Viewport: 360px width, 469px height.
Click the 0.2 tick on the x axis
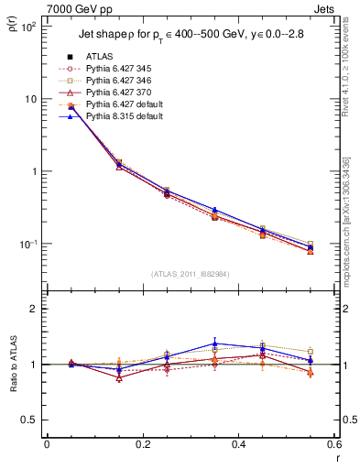point(142,445)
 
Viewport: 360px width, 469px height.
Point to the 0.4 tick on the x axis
point(238,445)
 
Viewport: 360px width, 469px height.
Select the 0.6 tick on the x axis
point(333,445)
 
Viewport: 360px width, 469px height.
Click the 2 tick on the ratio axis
point(35,309)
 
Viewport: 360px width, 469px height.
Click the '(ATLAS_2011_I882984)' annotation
point(190,274)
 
